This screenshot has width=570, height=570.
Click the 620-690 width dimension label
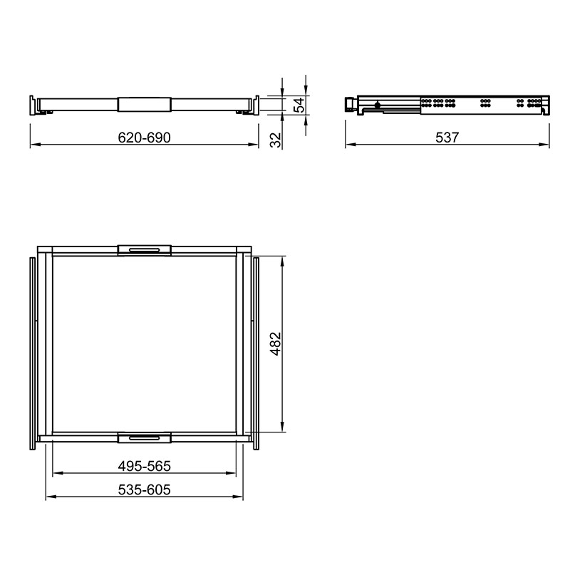[x=145, y=138]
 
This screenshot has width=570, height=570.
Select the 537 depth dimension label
[x=447, y=138]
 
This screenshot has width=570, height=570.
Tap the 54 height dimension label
[x=299, y=105]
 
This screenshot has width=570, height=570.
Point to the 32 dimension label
[x=276, y=140]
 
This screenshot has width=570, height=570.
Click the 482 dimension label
[x=276, y=343]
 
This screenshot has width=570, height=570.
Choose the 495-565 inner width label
[x=145, y=466]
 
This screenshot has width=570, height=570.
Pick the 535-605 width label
[x=145, y=489]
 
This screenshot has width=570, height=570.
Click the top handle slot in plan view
[x=145, y=250]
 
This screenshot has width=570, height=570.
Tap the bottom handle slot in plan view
[x=145, y=437]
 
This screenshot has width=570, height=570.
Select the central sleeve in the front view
[x=145, y=104]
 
